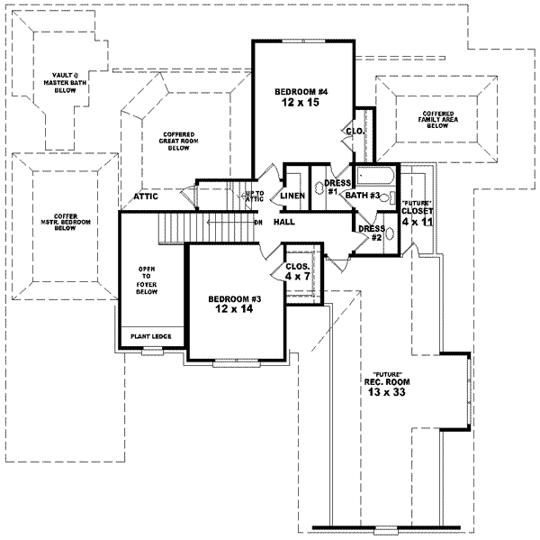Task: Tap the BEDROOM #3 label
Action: pos(236,299)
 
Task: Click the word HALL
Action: pos(284,222)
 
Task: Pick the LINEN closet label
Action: pos(292,196)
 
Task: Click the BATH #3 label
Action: pos(364,195)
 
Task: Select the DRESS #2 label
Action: pos(371,233)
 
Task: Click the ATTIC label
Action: pos(147,196)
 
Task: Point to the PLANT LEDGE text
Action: pos(151,336)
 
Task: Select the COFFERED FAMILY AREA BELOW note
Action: pos(438,120)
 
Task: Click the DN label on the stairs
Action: pos(257,222)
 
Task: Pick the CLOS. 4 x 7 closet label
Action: pos(297,271)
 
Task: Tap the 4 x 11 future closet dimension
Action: pos(418,221)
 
